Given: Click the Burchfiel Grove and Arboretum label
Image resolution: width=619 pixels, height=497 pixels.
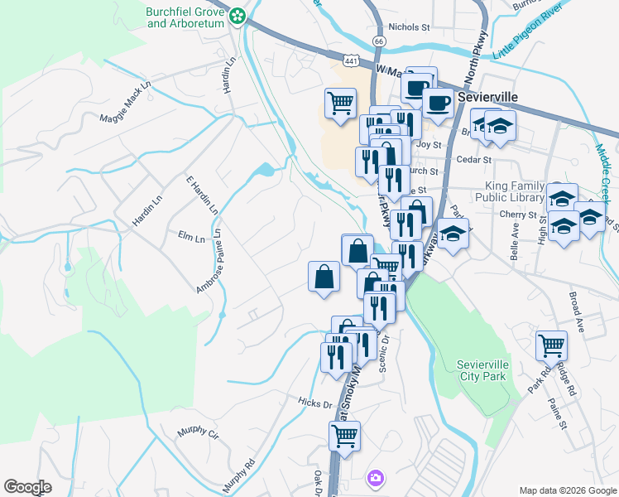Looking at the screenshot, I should pos(186,18).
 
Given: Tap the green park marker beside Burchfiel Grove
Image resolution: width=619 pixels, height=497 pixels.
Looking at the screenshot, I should pos(238,15).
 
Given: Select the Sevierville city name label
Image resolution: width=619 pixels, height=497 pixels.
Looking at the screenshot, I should pos(487,97).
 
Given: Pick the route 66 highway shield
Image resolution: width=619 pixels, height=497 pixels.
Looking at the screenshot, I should pos(378,40).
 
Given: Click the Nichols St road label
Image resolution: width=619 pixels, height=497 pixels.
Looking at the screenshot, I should pos(410,27).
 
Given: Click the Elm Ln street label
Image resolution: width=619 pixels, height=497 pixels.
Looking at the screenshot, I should pos(191,237).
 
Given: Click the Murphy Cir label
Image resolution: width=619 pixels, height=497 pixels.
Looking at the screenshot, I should pos(199,433).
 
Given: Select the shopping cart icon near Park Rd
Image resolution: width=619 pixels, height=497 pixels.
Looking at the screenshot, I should pos(551,345).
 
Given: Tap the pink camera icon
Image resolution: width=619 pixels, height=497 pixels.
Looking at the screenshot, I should pos(376,477).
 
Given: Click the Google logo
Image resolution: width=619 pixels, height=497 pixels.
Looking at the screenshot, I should pos(27,487).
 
